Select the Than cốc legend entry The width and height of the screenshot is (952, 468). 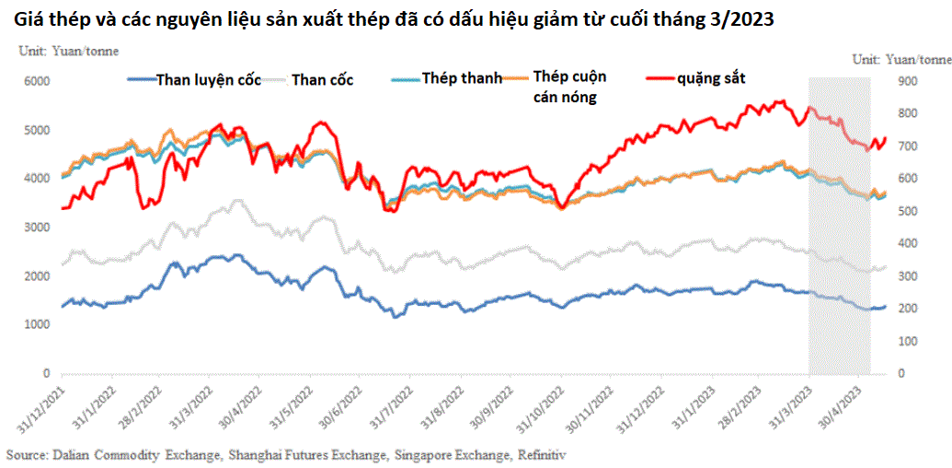point(322,80)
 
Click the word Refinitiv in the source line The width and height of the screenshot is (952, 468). point(541,455)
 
